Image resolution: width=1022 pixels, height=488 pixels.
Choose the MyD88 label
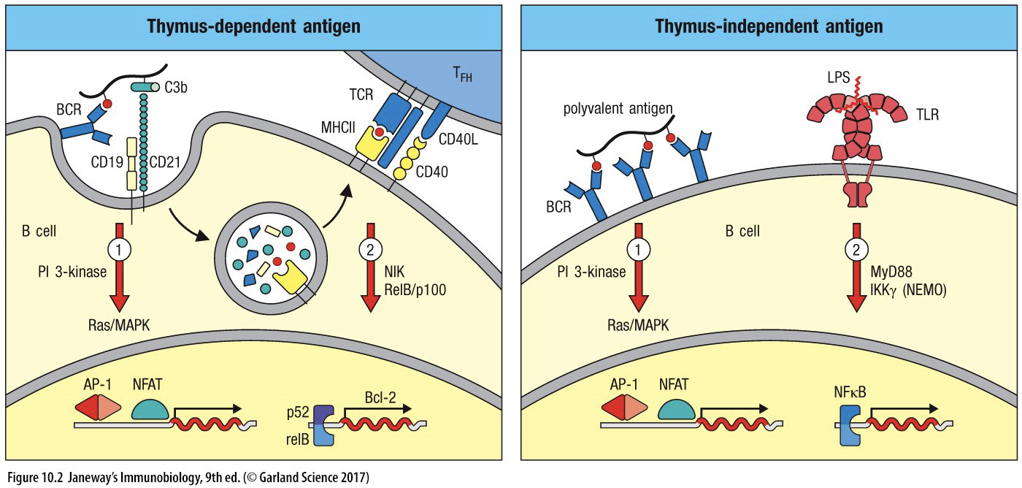[889, 272]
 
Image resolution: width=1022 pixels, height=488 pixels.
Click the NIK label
[394, 272]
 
